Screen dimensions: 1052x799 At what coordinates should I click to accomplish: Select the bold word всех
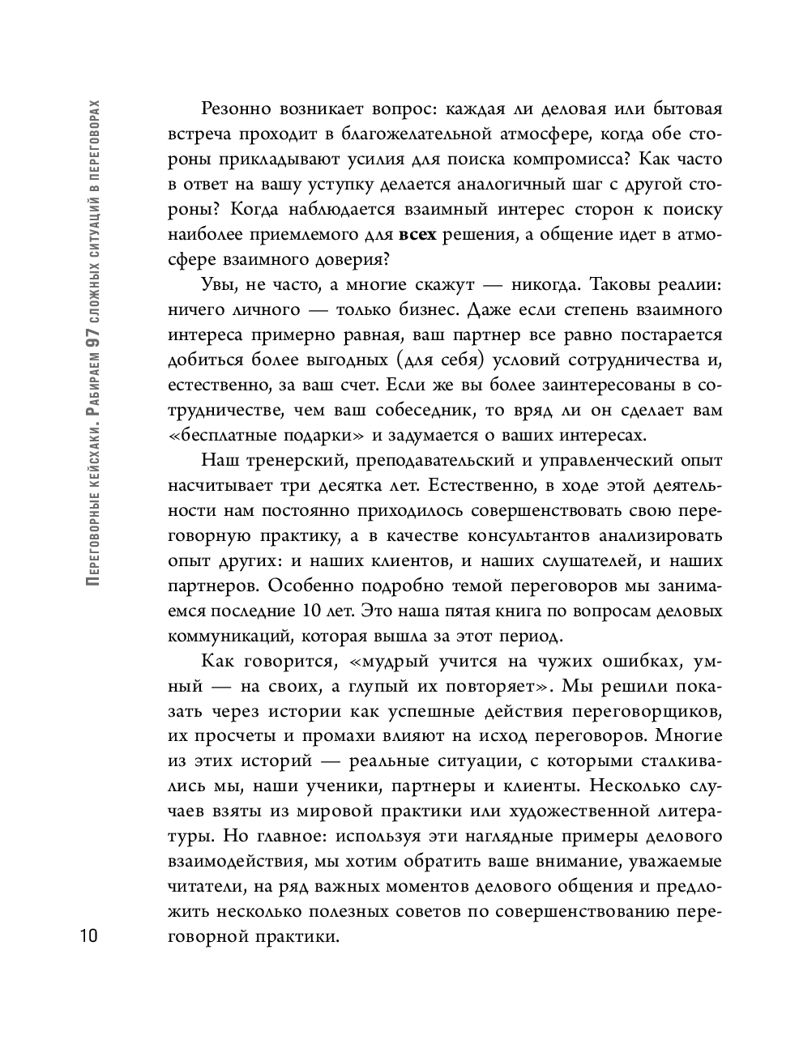point(418,235)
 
